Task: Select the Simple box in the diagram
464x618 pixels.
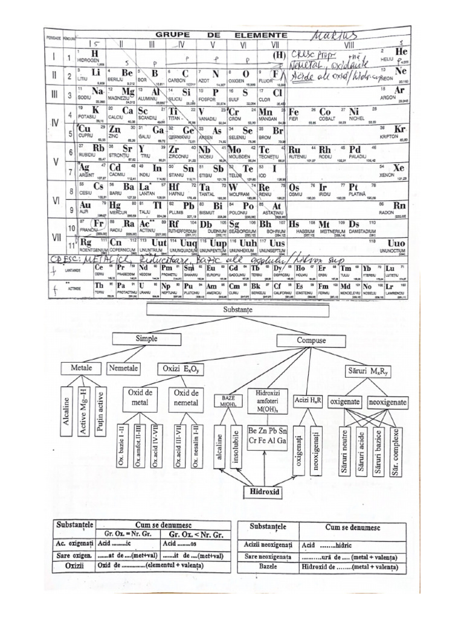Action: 147,339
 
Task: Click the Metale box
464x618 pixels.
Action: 82,368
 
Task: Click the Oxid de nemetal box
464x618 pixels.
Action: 184,398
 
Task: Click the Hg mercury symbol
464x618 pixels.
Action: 115,206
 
